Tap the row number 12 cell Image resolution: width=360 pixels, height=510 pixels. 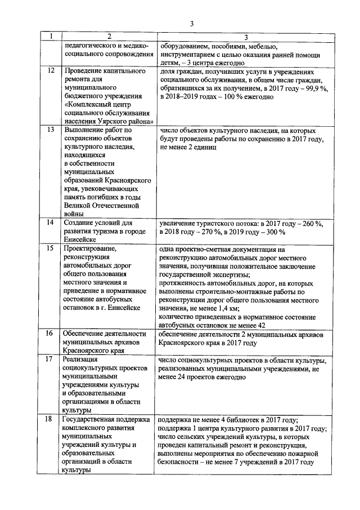point(51,72)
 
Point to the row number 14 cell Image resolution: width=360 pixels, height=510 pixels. point(51,223)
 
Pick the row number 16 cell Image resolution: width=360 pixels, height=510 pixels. point(51,334)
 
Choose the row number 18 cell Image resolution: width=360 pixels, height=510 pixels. point(51,419)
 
